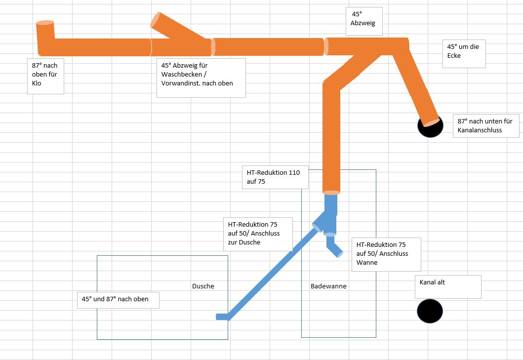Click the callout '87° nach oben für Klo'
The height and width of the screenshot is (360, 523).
(x=45, y=76)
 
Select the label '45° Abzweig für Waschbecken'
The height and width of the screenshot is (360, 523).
(x=201, y=78)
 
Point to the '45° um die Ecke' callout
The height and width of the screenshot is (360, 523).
(x=464, y=53)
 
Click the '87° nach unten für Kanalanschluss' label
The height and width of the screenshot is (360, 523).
(x=486, y=126)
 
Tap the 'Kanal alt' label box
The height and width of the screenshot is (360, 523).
(x=448, y=286)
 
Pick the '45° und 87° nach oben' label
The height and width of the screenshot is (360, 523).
(x=118, y=299)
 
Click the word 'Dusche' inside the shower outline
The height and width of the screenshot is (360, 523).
(x=203, y=286)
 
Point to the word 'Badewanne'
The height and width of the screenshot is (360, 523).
(x=328, y=286)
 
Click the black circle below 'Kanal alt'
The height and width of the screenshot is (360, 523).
(x=430, y=311)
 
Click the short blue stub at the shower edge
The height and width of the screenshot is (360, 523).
(x=222, y=317)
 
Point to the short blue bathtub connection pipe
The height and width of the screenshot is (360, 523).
(x=335, y=246)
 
